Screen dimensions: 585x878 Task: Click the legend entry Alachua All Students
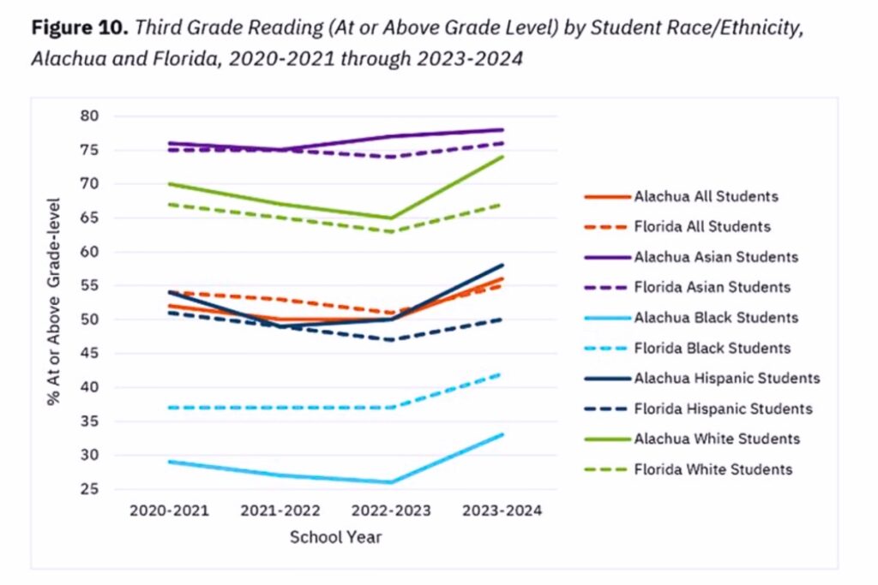(x=706, y=196)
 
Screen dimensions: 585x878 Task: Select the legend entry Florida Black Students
(x=712, y=349)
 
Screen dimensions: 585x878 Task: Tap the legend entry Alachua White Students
(x=717, y=439)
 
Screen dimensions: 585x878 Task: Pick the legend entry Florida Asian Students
(x=712, y=288)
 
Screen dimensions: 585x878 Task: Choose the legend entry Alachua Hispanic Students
(x=726, y=379)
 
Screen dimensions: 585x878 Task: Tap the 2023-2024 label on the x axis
(x=502, y=510)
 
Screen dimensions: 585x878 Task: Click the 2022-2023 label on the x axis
(x=391, y=510)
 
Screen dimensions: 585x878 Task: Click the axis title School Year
(x=335, y=538)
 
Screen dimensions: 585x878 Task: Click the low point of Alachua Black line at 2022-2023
(x=391, y=482)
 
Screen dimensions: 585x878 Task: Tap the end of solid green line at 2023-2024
(x=502, y=157)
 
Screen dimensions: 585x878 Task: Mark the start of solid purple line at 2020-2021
(x=168, y=143)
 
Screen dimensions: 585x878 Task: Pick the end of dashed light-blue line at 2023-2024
(x=502, y=374)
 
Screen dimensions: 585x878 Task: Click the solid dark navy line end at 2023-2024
(x=502, y=266)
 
